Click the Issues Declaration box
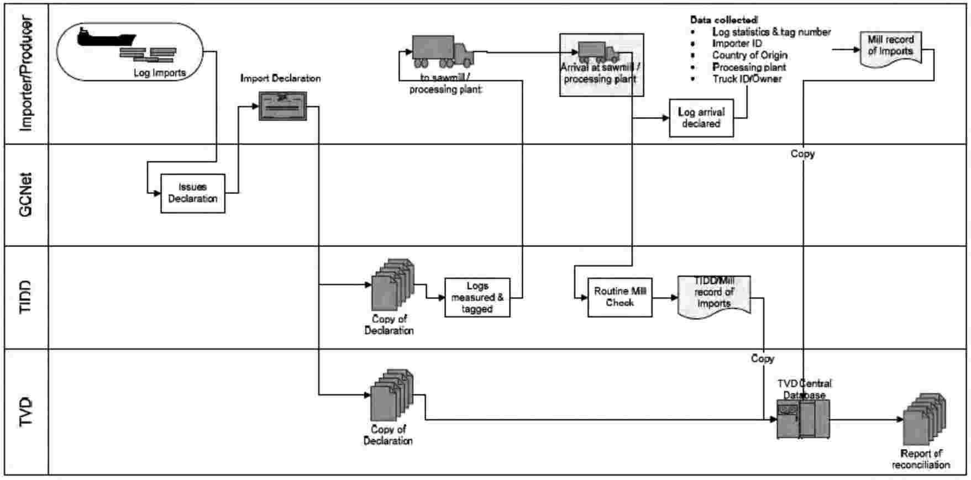193,193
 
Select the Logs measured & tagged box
477,298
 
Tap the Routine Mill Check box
620,297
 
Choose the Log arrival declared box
701,118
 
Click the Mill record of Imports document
890,48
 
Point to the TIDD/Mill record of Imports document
714,296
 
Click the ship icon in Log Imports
106,37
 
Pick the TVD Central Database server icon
803,419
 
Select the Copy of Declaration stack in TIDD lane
392,284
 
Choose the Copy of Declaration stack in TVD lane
391,394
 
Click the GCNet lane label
26,194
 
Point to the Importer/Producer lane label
26,73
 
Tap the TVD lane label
26,412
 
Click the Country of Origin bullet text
749,55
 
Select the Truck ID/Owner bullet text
747,79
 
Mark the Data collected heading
723,20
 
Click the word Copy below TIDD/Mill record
762,358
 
